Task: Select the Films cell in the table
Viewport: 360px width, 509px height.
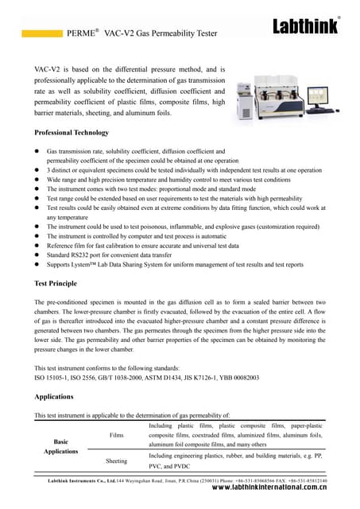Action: point(116,436)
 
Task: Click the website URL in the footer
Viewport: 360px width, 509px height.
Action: point(270,491)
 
